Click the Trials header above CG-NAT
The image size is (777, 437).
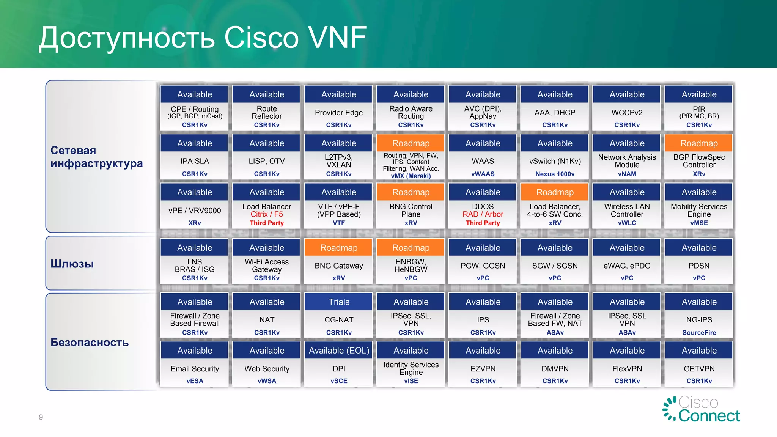(339, 302)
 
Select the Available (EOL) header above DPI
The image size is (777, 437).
(339, 351)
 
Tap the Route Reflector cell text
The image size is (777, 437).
(267, 113)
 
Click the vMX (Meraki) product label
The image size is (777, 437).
(411, 176)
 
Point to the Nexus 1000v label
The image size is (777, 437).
(555, 174)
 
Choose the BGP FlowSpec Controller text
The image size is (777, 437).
(699, 161)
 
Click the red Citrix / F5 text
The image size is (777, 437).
(267, 214)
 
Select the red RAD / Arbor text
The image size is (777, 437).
(483, 214)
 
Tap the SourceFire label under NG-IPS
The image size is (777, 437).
(699, 333)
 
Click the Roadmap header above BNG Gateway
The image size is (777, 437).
(339, 248)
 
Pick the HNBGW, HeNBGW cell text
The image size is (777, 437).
(411, 266)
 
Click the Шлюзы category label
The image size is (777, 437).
(72, 264)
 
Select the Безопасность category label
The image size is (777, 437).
(90, 343)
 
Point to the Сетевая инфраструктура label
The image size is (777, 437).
(96, 157)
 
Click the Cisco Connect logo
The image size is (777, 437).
(702, 410)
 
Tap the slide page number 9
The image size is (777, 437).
(41, 417)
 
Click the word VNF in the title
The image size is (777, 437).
(337, 38)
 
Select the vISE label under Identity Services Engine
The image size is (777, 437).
(411, 381)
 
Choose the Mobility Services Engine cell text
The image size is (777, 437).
(699, 211)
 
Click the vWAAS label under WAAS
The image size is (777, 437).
(483, 174)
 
